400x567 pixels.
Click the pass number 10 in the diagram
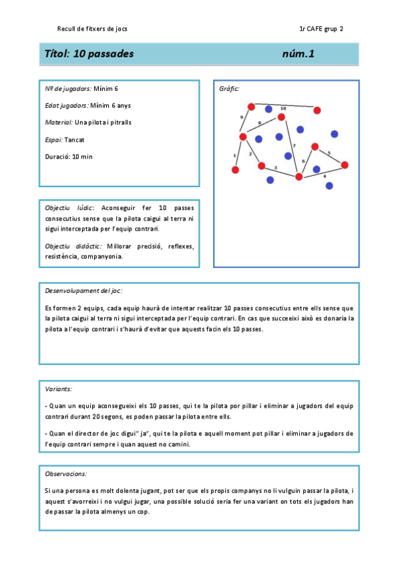(283, 108)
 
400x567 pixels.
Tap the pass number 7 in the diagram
(294, 145)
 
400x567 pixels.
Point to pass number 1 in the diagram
(234, 155)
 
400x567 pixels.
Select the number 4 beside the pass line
(325, 176)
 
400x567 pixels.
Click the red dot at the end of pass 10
(317, 110)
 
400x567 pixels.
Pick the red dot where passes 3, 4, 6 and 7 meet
(298, 177)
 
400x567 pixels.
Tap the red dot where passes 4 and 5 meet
(345, 164)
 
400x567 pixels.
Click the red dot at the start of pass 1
(235, 170)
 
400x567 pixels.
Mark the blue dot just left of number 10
(268, 109)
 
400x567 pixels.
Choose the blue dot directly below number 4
(329, 186)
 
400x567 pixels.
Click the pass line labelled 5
(330, 155)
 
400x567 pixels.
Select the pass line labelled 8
(262, 127)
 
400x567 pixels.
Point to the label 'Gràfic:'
(229, 89)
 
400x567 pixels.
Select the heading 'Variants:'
(58, 388)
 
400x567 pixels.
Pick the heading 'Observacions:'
(65, 473)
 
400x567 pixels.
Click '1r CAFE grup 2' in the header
(322, 29)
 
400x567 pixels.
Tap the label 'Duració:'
(57, 156)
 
